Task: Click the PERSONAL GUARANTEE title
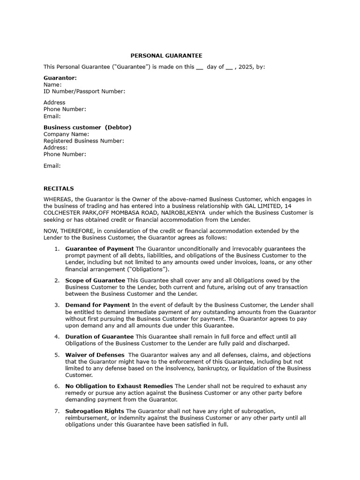[166, 55]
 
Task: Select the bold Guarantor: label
[60, 78]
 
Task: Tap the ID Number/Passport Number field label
[84, 91]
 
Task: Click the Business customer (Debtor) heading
[87, 127]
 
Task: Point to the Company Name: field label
[66, 134]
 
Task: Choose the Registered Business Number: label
[84, 141]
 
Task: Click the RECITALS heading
[59, 188]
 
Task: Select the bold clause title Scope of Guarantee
[95, 281]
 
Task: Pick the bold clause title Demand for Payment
[97, 305]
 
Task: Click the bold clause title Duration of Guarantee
[99, 337]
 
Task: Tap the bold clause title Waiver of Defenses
[95, 355]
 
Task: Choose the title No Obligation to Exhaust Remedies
[119, 386]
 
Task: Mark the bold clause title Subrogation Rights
[95, 411]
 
